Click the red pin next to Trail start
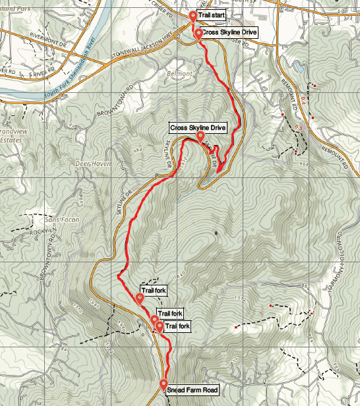tap(193, 15)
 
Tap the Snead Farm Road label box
tap(193, 390)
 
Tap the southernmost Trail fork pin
tap(160, 326)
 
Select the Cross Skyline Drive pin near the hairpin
tap(200, 136)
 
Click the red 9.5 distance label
tap(299, 127)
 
